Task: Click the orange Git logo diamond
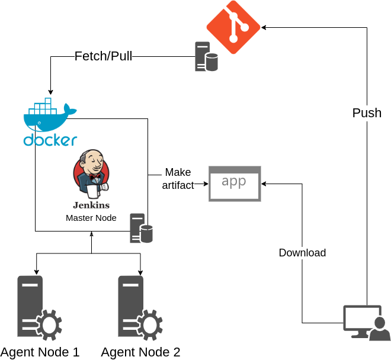coord(233,27)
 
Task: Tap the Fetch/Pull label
coord(103,56)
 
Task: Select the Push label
coord(367,113)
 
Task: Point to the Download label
coord(302,253)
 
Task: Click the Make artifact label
coord(178,179)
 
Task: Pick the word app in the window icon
coord(234,182)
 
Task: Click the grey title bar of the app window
coord(235,169)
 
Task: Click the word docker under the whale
coord(50,140)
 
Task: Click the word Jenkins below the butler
coord(91,205)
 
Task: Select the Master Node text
coord(91,218)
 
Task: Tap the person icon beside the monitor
coord(380,330)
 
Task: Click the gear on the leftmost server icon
coord(49,325)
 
